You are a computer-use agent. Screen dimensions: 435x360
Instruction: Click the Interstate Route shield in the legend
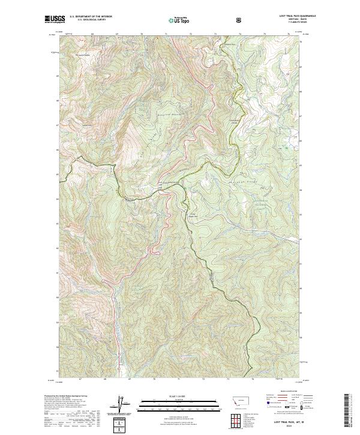(267, 413)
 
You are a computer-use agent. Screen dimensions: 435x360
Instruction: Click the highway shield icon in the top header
(241, 20)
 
